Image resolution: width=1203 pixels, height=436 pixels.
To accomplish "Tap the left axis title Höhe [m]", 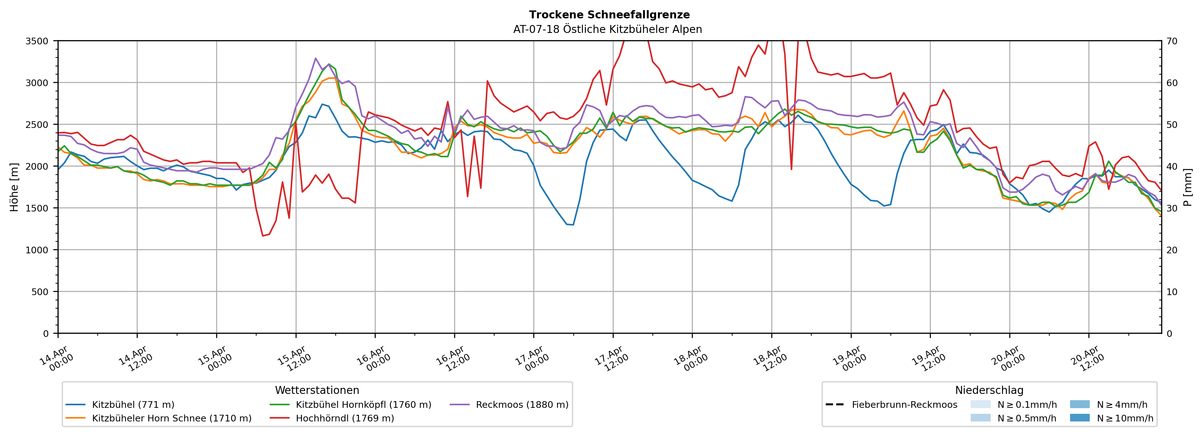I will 15,187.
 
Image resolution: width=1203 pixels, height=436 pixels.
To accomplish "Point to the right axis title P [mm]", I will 1187,187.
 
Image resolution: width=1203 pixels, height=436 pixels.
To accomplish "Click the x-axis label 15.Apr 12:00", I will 293,358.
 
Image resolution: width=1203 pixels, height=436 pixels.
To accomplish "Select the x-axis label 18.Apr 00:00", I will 690,358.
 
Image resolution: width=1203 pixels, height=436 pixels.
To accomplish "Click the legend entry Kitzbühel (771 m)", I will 133,405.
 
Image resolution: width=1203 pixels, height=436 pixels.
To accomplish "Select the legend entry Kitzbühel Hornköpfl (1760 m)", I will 363,405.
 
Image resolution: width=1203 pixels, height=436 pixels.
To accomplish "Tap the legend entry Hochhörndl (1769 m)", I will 345,418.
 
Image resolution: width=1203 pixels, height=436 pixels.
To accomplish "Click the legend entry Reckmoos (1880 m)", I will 522,405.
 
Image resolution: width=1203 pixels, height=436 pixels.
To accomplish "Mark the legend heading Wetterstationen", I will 317,390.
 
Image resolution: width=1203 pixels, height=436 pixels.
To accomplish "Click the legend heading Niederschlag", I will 989,390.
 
